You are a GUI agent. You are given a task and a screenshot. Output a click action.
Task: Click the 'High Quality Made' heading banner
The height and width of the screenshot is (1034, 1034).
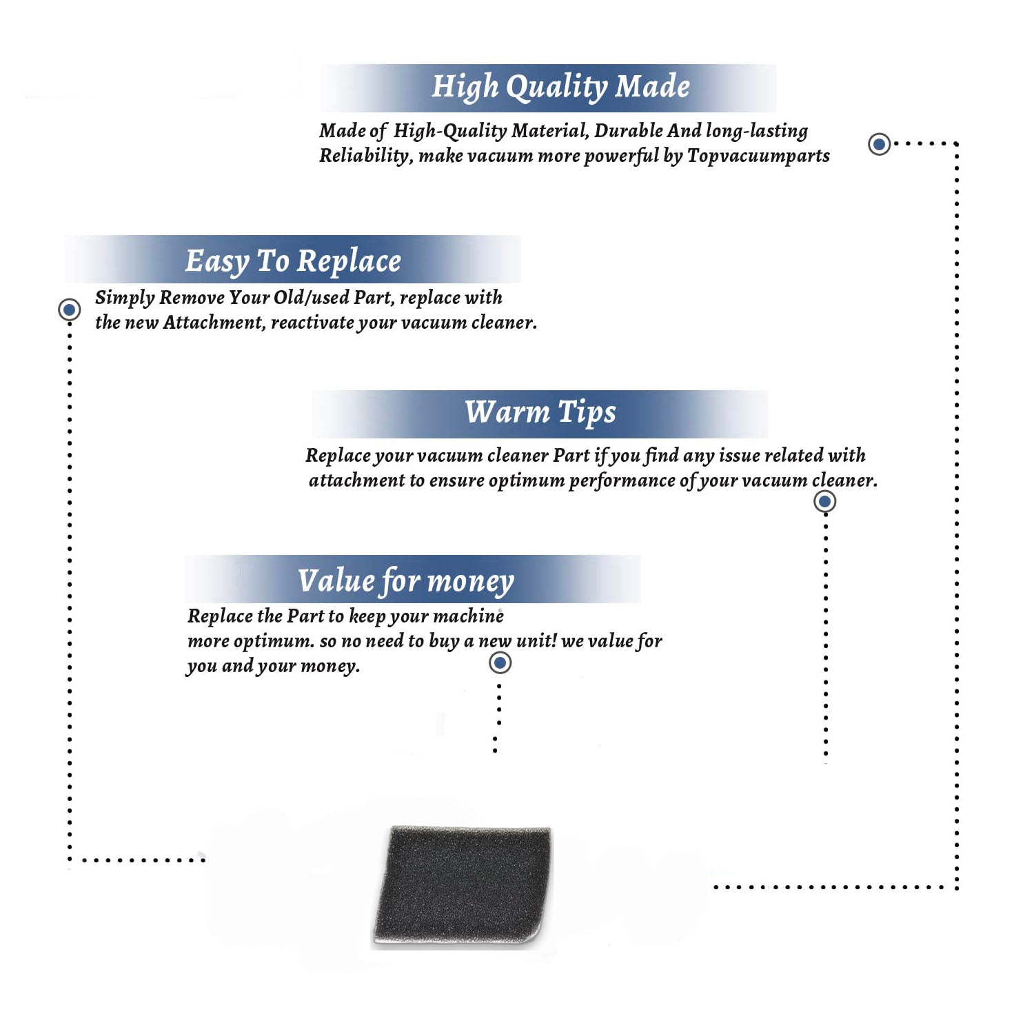(x=549, y=88)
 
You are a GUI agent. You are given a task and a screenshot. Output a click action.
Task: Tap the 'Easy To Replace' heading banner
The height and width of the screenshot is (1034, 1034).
(x=293, y=259)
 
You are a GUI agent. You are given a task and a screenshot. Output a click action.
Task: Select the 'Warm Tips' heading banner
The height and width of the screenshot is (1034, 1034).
(x=540, y=414)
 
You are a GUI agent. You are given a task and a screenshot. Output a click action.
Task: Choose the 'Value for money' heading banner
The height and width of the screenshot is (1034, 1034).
(x=413, y=579)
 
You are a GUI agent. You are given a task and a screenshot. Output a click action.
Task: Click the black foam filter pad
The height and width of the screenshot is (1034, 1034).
(x=463, y=884)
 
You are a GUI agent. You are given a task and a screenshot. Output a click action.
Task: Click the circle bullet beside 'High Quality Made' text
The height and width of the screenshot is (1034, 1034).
(x=879, y=144)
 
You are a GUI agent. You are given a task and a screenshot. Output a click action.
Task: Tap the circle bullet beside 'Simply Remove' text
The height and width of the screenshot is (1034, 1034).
(x=69, y=310)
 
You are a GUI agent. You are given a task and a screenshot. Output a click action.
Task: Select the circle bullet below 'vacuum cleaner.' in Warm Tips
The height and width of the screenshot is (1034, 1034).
(x=824, y=501)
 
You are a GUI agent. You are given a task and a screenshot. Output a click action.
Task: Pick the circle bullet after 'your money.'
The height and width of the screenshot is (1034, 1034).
(x=500, y=663)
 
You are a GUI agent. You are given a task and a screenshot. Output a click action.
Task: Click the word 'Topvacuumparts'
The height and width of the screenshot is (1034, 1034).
(x=758, y=156)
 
